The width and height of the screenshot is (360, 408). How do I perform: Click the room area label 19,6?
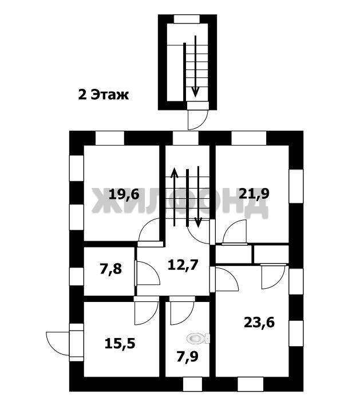pos(124,195)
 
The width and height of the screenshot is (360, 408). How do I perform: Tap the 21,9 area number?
pos(254,194)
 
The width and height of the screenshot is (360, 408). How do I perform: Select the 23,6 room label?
pos(259,323)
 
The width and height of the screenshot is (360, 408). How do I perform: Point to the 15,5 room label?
pos(120,343)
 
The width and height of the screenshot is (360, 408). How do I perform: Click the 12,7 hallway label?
pos(183,265)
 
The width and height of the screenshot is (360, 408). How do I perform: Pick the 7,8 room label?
pos(110,269)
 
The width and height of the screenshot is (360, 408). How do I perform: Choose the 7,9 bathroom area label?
pos(187,357)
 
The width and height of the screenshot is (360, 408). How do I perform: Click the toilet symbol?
pos(199,338)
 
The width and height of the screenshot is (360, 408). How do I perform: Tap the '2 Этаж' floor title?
pos(104,95)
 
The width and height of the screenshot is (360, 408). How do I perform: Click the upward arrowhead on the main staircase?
pos(175,172)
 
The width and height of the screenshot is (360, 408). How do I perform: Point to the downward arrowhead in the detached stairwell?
pos(195,92)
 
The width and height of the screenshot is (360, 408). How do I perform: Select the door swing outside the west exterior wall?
pos(58,343)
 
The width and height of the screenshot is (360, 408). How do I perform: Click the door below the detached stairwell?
pos(198,119)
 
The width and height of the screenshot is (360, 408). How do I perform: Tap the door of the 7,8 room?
pos(148,273)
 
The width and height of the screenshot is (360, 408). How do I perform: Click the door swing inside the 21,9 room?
pos(235,232)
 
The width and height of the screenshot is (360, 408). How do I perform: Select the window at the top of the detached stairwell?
pos(187,19)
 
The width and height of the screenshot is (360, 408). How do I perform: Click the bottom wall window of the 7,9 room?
pos(193,385)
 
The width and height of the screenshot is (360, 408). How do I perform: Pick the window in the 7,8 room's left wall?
pos(77,276)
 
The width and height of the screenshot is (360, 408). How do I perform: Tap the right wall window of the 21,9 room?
pos(296,186)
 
